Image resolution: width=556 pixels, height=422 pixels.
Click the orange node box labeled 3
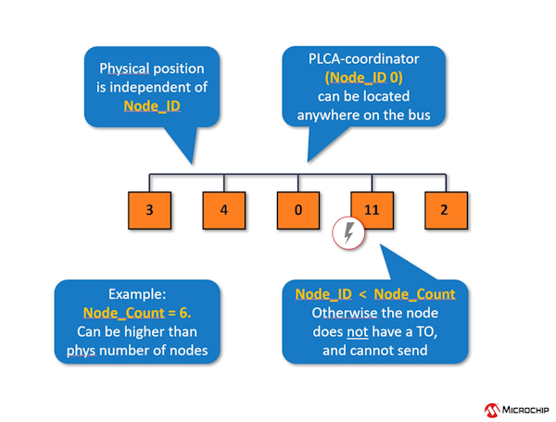click(x=149, y=210)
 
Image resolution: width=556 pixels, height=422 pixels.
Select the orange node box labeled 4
click(x=223, y=210)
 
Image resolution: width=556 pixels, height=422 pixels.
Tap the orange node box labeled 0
click(x=297, y=210)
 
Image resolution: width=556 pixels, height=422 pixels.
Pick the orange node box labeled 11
click(x=372, y=210)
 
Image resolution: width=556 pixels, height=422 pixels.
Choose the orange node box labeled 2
click(x=444, y=210)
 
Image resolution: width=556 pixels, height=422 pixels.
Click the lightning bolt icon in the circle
click(x=348, y=235)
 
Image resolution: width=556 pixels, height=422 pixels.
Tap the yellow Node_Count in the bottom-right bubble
click(x=415, y=294)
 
